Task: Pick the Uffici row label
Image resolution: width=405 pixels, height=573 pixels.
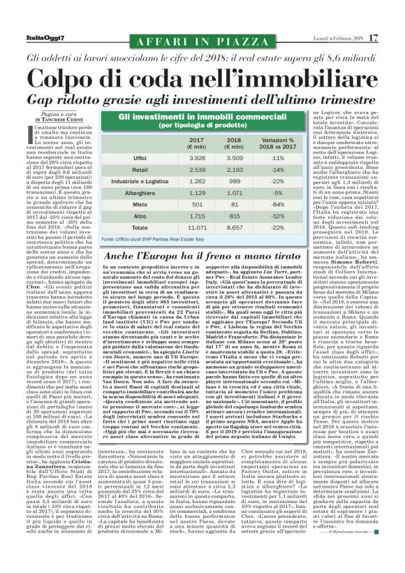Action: [140, 159]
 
